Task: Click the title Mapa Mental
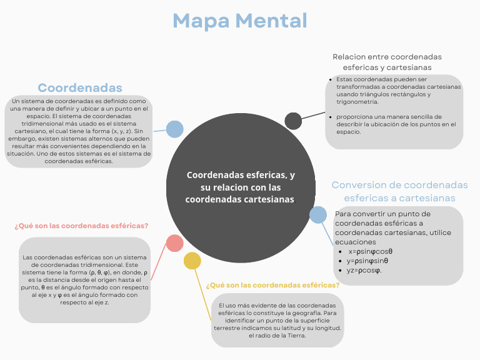click(x=240, y=21)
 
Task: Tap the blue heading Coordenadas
click(x=80, y=87)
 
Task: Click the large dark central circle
click(x=240, y=187)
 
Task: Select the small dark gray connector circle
click(x=293, y=121)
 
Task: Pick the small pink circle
click(x=174, y=243)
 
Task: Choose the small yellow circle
click(x=192, y=261)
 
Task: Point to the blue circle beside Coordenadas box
click(x=174, y=129)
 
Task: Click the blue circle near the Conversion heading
click(x=318, y=215)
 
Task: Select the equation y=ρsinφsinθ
click(x=367, y=261)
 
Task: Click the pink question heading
click(x=81, y=226)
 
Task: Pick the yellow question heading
click(x=272, y=285)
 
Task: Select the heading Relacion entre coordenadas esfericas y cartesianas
click(x=387, y=62)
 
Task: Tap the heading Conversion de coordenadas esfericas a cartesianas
click(x=399, y=191)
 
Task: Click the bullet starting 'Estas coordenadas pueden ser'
click(x=398, y=91)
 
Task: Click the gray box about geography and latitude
click(x=277, y=320)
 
